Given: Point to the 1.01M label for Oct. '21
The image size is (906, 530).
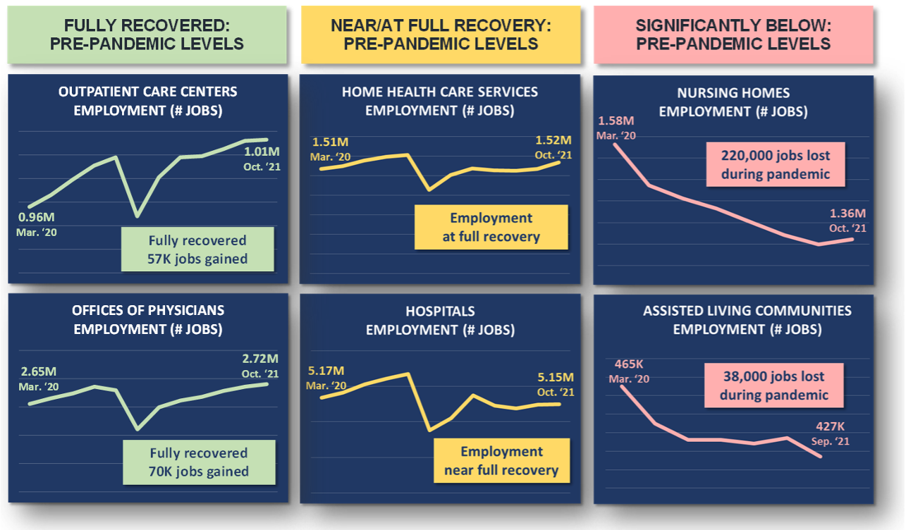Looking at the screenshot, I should pos(262,152).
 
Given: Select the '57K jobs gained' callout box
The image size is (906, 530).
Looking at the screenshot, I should pos(197,249).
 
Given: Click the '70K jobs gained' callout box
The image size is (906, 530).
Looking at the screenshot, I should pos(198,462).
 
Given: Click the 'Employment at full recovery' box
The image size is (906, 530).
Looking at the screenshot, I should pos(491,228).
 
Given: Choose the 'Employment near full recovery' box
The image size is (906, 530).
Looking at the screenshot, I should pos(501,461).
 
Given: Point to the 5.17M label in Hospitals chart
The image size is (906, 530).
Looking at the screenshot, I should pos(326,371).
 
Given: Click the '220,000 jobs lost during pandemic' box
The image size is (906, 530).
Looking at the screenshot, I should pos(775,165).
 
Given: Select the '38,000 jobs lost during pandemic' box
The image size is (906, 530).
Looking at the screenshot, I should pos(773,386).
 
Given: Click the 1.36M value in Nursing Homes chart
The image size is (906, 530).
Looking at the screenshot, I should pos(847,214).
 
